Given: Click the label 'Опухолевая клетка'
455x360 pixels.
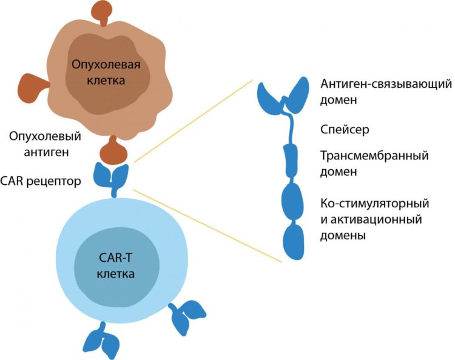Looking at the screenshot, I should tap(107, 72).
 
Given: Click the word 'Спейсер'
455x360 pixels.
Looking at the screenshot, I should tap(345, 130).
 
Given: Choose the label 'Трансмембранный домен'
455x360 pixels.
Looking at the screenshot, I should tap(374, 164).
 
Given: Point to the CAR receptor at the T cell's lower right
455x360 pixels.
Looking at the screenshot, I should tap(189, 315).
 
